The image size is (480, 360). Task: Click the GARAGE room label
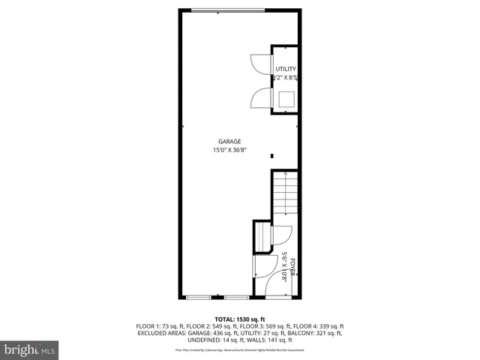pos(229,141)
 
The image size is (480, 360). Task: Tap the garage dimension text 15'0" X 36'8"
pos(229,150)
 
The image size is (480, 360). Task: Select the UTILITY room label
pos(285,69)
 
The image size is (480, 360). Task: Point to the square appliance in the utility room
pos(286,99)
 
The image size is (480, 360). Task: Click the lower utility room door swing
pos(261,99)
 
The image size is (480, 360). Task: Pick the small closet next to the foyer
pos(262,237)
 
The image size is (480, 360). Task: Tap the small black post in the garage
pos(272,156)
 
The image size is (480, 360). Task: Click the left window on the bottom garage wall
pos(198,298)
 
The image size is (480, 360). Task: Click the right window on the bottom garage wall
pos(236,298)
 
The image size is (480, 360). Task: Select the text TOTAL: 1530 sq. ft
pos(239,319)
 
